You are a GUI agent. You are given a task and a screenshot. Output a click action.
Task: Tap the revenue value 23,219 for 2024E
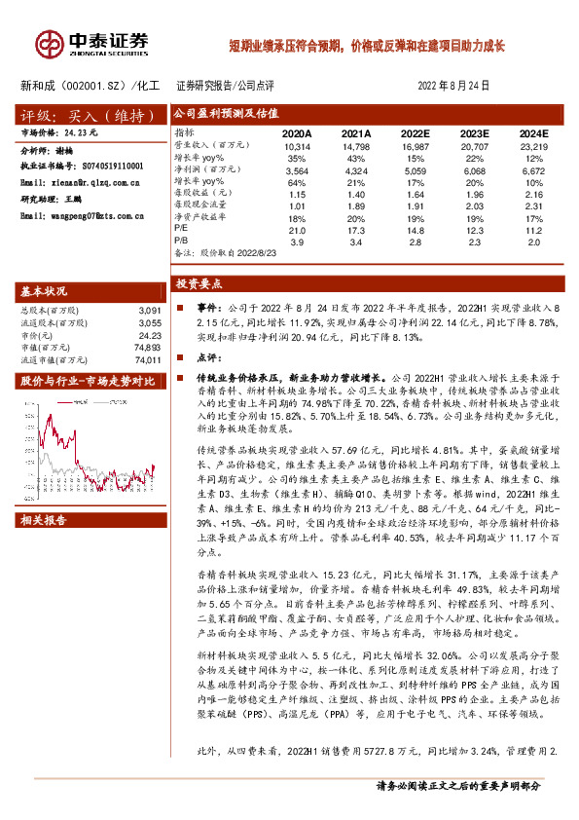[531, 144]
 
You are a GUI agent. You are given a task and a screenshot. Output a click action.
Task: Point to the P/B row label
[182, 240]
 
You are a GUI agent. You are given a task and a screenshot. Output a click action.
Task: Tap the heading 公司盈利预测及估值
[216, 112]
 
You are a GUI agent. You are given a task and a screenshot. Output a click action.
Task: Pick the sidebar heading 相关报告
[45, 521]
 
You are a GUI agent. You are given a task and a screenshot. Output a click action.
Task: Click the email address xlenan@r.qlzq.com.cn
[93, 182]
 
